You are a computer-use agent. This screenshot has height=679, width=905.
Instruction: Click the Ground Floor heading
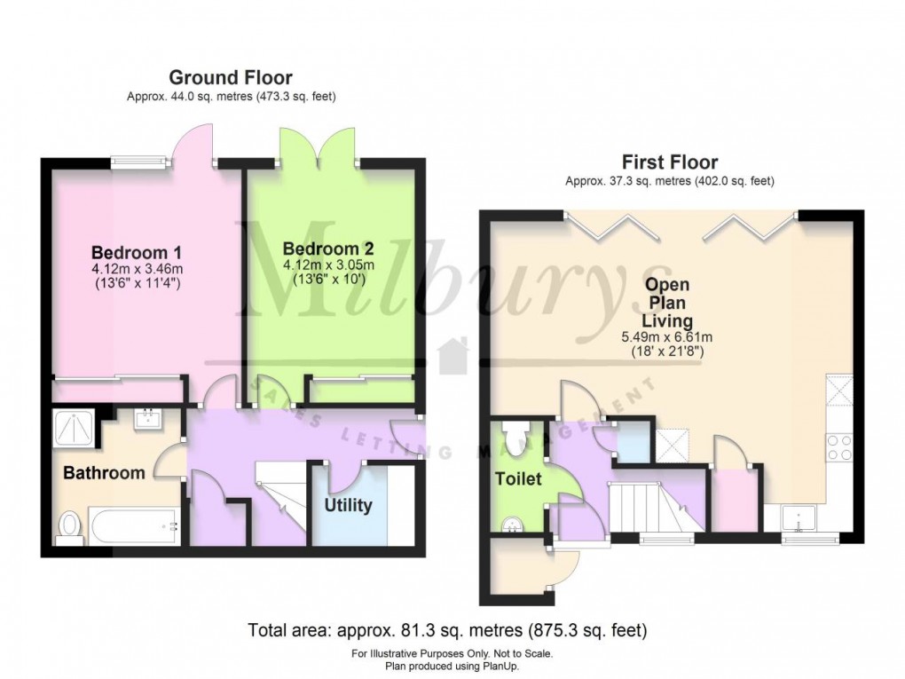click(230, 78)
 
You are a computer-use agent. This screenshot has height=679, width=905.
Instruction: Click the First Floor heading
click(669, 162)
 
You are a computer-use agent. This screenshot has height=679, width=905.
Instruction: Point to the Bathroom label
click(104, 473)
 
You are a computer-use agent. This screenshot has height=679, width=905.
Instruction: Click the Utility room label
click(348, 506)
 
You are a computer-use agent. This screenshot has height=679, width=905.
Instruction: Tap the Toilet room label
click(518, 479)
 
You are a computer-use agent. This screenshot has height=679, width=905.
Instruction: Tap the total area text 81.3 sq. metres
click(447, 632)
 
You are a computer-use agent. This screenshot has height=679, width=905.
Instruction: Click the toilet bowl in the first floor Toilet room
click(515, 435)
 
